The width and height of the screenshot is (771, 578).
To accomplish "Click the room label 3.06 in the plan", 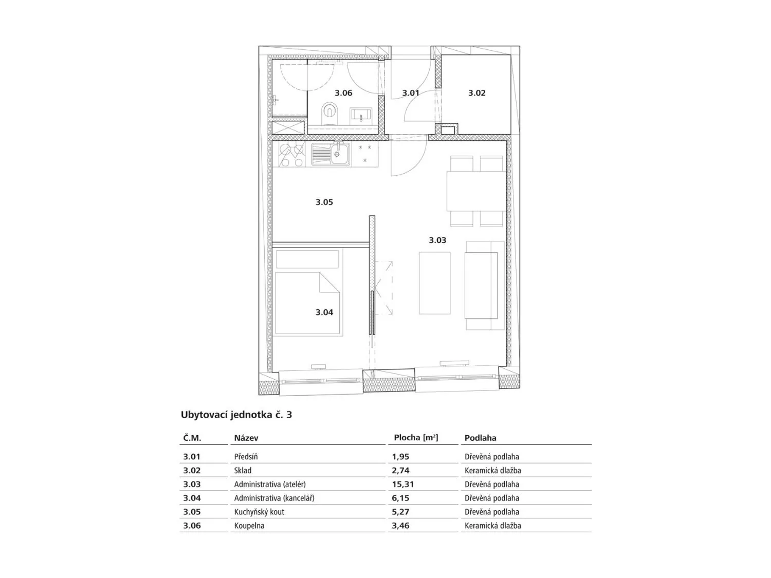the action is (343, 93).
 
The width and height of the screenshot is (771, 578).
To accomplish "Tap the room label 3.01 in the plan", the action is (411, 93).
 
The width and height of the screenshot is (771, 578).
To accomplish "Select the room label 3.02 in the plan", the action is (476, 93).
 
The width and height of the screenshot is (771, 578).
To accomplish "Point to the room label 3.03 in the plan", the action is (437, 240).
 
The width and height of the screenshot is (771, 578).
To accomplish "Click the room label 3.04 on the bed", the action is (324, 312).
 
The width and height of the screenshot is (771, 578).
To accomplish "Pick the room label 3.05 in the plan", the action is (324, 202).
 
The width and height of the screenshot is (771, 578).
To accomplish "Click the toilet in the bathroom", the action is (329, 114).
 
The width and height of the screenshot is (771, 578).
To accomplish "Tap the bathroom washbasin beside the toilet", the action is (360, 115).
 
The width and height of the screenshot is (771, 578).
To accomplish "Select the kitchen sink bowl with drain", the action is (339, 155).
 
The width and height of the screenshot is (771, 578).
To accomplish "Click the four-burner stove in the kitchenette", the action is (292, 155).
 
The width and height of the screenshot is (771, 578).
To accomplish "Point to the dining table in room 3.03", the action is (476, 191).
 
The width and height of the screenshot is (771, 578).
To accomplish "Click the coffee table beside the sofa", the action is (434, 283).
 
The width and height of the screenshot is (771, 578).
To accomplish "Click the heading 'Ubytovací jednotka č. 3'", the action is (236, 415).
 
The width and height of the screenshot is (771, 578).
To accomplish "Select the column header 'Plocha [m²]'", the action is (416, 438).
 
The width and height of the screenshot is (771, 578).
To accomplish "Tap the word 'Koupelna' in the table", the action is (249, 526).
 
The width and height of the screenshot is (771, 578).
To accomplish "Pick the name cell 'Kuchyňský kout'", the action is (259, 512).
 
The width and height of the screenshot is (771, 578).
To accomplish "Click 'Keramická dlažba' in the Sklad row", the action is (493, 471).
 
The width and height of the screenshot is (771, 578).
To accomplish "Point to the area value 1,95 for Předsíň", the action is (401, 457).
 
